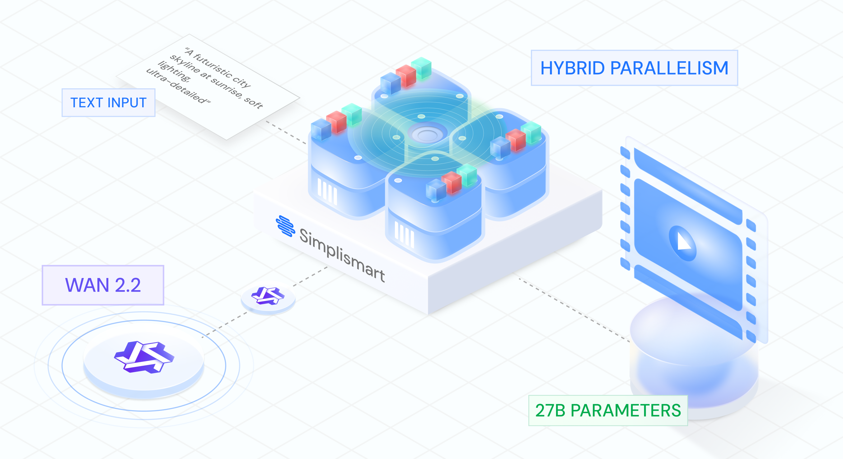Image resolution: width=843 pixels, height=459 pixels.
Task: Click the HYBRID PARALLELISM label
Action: [634, 68]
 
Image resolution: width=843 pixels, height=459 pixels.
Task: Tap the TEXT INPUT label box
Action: [108, 103]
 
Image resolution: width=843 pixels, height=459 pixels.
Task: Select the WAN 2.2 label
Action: [103, 285]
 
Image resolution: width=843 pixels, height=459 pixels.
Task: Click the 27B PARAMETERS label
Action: [608, 410]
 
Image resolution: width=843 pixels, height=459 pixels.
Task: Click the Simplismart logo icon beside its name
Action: [285, 226]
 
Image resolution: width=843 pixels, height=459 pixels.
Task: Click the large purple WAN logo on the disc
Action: [144, 357]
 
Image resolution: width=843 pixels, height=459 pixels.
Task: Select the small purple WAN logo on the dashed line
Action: [268, 295]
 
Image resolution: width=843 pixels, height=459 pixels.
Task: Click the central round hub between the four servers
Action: [427, 134]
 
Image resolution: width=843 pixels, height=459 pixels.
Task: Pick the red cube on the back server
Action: [406, 76]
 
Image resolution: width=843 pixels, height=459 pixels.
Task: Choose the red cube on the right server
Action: [516, 140]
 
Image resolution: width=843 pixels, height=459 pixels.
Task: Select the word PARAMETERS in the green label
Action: [625, 410]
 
